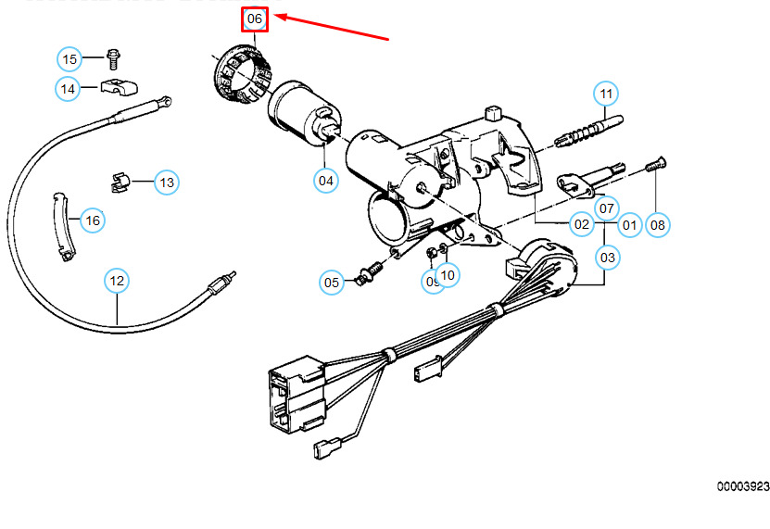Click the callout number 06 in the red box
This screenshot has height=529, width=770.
(255, 19)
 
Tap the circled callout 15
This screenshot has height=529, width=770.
(70, 59)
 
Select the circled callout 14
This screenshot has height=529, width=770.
(68, 89)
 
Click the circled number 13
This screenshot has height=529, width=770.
(166, 183)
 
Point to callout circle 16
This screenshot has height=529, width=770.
(92, 220)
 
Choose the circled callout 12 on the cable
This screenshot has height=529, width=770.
(116, 280)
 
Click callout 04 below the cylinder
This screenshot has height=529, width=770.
(326, 181)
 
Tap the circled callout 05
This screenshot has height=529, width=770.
(332, 282)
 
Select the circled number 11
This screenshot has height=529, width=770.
(606, 94)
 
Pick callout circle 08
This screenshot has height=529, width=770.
(657, 224)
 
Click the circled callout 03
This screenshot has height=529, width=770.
(607, 257)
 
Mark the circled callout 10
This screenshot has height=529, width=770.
(448, 274)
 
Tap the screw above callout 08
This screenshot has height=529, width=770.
(655, 167)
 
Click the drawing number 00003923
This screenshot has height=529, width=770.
(742, 486)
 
